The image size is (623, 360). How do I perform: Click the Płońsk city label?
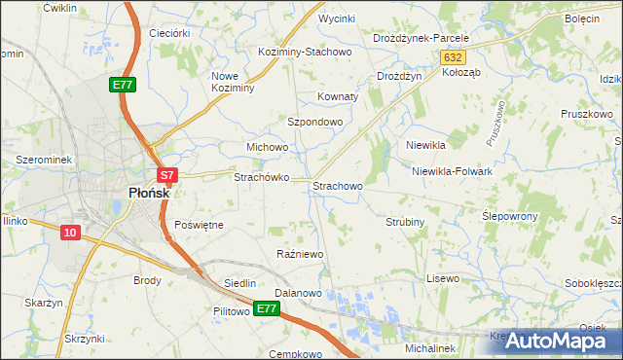tap(149, 193)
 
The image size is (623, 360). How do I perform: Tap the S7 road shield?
tap(167, 176)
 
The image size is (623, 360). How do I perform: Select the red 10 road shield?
tap(70, 233)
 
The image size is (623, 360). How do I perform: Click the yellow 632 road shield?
tap(452, 58)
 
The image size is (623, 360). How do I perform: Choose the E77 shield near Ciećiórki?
tap(122, 86)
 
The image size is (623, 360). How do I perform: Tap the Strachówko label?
tap(260, 178)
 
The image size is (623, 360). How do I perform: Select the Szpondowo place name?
tap(314, 122)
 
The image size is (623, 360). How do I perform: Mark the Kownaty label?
tap(339, 97)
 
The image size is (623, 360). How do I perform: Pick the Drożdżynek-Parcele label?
tap(421, 38)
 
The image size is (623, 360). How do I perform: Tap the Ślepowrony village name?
tap(510, 215)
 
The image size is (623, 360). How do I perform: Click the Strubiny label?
tap(405, 222)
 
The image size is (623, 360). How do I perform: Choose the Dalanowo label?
tap(298, 292)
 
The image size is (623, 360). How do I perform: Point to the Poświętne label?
tap(199, 224)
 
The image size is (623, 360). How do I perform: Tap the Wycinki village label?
tap(337, 18)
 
